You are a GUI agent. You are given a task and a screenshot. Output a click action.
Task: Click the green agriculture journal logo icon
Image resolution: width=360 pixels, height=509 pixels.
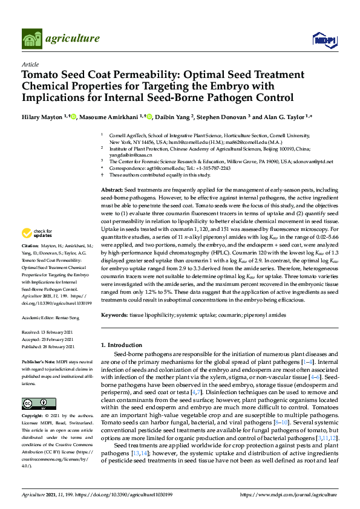[31, 39]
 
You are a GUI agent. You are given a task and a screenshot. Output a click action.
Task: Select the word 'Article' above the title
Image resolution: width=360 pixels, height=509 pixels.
[30, 64]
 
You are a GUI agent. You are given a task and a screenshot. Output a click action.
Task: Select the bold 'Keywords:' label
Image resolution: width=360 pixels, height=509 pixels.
[116, 315]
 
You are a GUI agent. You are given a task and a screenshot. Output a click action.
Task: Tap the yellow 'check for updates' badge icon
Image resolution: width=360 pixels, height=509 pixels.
[27, 232]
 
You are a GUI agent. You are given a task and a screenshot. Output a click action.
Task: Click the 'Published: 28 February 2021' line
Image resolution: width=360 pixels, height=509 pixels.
[48, 347]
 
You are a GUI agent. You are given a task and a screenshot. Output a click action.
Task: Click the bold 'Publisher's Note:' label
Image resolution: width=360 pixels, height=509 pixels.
[39, 361]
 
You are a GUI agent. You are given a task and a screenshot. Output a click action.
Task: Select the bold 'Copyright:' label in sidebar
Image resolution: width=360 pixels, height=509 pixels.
[34, 417]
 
